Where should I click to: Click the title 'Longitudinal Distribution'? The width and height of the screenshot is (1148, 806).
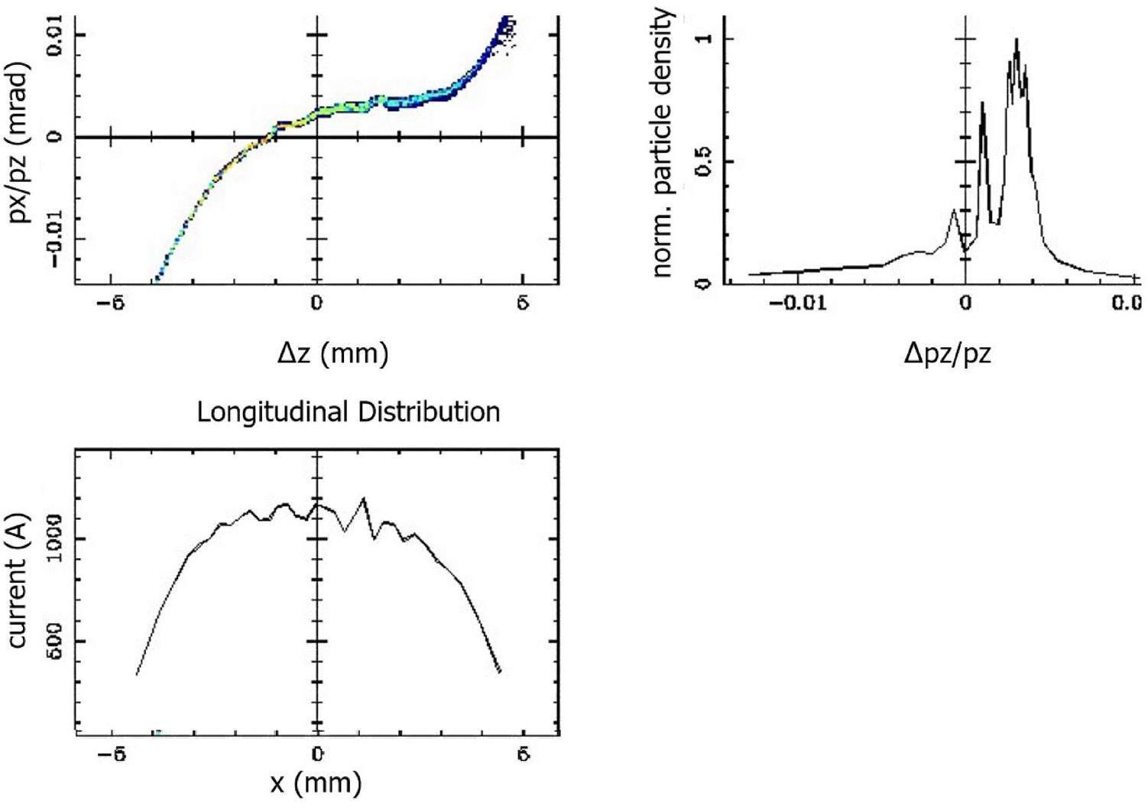click(349, 412)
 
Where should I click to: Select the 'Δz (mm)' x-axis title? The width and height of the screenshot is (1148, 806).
click(332, 353)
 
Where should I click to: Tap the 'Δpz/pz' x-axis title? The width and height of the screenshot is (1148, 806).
click(948, 353)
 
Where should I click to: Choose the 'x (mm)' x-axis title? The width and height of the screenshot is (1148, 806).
click(316, 782)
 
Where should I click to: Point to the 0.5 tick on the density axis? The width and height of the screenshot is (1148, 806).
click(703, 162)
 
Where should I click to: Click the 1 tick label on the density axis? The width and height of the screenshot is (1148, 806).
click(703, 38)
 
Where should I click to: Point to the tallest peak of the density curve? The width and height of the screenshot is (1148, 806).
click(1017, 40)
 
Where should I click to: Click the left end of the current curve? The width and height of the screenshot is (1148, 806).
click(137, 674)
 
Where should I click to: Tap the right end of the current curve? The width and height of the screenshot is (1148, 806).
click(499, 672)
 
